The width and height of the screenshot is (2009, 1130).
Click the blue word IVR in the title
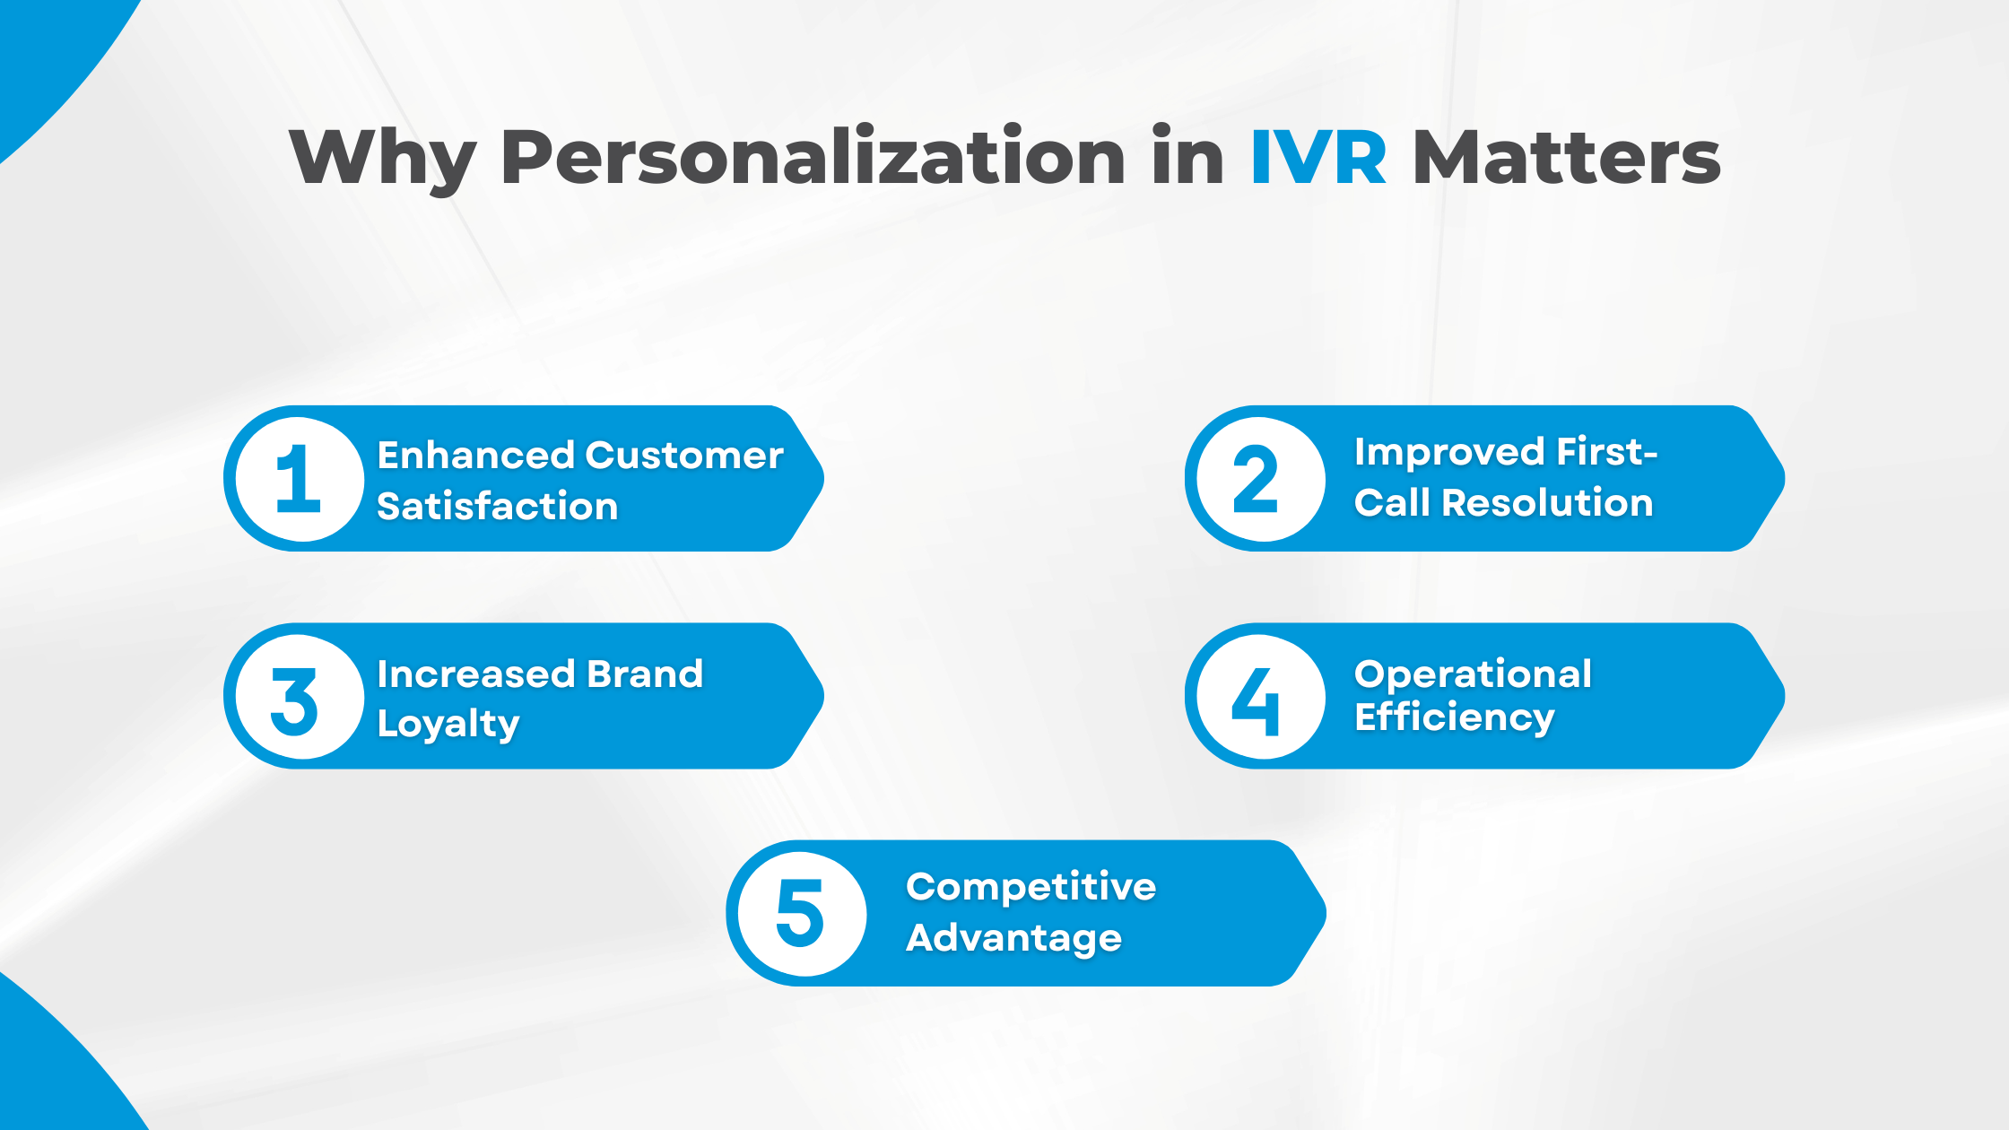click(1318, 158)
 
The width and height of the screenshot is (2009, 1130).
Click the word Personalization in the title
click(812, 158)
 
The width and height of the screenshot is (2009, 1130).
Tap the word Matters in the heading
click(1566, 158)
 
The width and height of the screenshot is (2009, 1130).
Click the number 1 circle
click(300, 479)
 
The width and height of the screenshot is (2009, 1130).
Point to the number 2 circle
click(1259, 479)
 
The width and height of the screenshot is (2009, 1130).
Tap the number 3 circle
click(300, 697)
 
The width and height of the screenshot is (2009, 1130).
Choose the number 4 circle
click(1259, 697)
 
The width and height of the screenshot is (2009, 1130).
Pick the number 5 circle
click(801, 914)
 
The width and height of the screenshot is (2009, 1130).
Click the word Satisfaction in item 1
click(498, 507)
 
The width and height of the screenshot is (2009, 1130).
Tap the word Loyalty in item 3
click(448, 724)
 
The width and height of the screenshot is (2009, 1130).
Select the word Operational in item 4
click(1473, 674)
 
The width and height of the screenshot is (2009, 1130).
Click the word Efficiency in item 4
click(1454, 717)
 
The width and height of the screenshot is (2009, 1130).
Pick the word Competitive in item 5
click(1031, 887)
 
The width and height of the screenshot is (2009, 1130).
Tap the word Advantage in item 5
click(1013, 938)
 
